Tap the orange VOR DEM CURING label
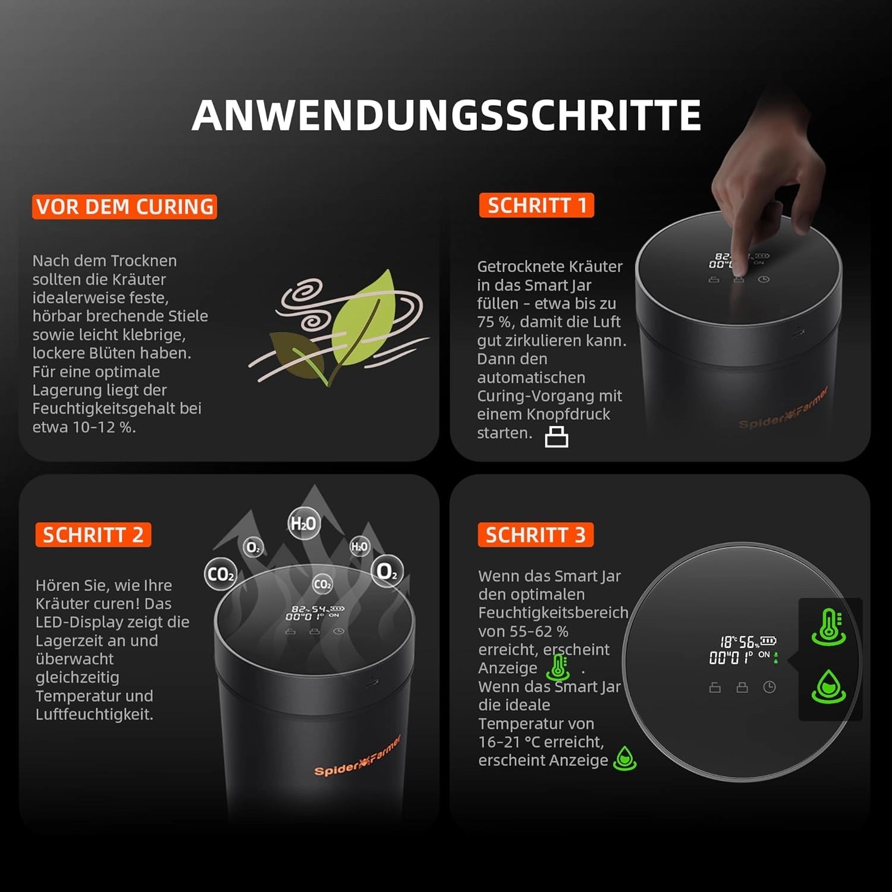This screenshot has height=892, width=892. point(124,206)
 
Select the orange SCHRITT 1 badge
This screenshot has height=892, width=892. point(536,205)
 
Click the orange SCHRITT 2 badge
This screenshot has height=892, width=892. point(93,535)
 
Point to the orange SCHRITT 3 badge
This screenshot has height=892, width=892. point(535,535)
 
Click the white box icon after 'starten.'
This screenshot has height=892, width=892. point(557,436)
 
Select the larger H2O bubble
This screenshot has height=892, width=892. point(303,523)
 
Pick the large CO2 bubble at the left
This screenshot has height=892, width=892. point(221,574)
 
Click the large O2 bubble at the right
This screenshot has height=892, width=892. point(387,572)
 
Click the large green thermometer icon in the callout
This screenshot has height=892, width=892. point(829,627)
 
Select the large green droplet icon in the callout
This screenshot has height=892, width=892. point(829,687)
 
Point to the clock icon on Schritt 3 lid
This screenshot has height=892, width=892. point(769,687)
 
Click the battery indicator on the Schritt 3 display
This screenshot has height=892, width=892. point(768,640)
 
